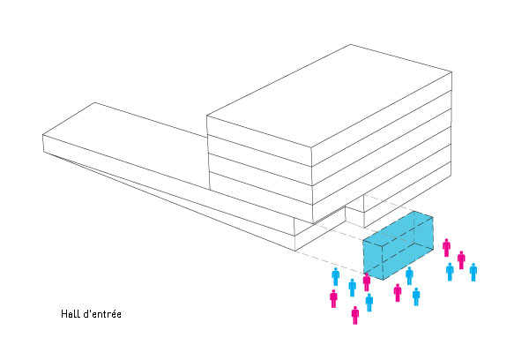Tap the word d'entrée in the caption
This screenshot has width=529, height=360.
102,314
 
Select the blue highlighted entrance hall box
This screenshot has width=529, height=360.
399,246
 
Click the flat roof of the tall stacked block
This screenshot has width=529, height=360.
329,95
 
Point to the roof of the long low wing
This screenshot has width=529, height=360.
125,135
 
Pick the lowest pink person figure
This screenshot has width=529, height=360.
355,315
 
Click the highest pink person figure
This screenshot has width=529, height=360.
447,248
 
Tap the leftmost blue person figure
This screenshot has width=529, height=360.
335,276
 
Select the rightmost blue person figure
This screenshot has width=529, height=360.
473,272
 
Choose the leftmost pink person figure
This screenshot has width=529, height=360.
333,298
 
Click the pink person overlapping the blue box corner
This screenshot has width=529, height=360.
367,282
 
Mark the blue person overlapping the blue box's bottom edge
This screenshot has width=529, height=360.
409,275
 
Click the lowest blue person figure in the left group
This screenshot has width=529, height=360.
369,303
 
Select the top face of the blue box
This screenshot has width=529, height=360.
399,227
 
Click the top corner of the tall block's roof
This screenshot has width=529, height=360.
351,45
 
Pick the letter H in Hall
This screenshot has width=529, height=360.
63,314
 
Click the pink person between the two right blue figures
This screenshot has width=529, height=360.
461,260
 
